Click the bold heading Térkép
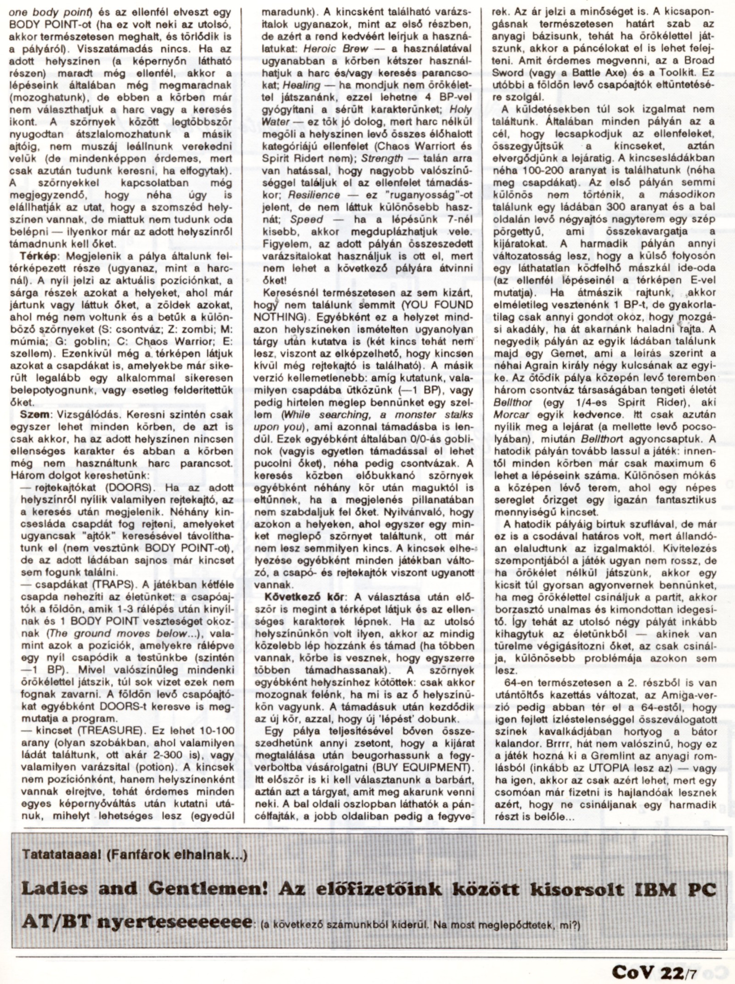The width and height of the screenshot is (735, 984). point(36,256)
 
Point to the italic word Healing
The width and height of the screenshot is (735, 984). point(301,85)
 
